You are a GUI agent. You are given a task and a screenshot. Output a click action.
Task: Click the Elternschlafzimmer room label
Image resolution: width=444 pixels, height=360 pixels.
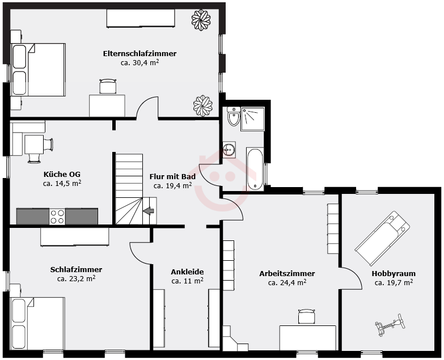[139, 53]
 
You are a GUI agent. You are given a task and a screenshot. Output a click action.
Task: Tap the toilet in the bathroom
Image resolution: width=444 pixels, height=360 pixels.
[234, 116]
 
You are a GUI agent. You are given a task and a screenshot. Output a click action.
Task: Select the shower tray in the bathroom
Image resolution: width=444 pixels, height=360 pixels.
[252, 119]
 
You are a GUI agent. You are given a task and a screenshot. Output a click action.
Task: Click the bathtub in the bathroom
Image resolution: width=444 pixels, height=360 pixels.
[255, 169]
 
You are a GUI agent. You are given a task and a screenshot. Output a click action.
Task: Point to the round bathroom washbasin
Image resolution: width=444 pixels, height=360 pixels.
[229, 149]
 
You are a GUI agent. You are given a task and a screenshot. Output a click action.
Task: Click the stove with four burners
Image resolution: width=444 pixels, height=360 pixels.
[57, 217]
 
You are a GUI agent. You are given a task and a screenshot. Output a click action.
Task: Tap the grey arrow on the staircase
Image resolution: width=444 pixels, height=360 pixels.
[149, 211]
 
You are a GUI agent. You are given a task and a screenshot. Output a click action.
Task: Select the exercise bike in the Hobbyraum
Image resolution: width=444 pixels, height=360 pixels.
[390, 325]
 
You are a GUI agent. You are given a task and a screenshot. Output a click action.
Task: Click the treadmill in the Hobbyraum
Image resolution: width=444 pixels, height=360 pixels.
[382, 239]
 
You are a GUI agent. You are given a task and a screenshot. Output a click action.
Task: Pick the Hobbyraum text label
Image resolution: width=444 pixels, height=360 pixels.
[394, 274]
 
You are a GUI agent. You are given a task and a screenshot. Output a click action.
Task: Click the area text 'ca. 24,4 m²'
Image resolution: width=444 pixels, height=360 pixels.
[287, 282]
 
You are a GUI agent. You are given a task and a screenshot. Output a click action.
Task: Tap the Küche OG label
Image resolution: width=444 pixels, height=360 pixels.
[62, 174]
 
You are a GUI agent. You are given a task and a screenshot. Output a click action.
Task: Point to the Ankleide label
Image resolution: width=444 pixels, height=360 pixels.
[187, 272]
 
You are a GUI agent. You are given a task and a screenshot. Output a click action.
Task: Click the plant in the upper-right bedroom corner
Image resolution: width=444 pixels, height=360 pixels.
[201, 20]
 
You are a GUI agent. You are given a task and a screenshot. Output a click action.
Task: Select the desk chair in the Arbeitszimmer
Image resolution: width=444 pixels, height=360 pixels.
[306, 317]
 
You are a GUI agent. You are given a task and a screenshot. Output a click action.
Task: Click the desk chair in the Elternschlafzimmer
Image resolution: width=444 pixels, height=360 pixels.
[108, 86]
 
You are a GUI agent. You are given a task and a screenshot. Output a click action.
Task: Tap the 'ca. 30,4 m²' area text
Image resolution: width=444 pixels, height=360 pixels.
[140, 62]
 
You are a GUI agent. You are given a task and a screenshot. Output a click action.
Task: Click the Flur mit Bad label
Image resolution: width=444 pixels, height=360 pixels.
[172, 177]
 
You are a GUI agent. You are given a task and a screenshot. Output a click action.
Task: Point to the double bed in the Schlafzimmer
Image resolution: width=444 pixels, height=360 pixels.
[37, 324]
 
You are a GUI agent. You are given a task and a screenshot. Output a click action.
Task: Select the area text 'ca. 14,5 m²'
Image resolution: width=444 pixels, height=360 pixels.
[62, 183]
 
